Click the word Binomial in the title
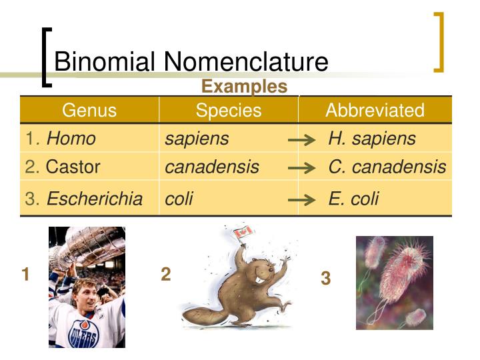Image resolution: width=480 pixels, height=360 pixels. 107,62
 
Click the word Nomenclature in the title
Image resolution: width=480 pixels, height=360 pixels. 247,62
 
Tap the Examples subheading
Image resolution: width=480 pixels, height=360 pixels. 244,87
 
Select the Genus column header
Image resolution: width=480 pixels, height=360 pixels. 89,110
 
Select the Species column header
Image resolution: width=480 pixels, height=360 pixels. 229,110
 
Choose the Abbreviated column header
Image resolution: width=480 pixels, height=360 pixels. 375,110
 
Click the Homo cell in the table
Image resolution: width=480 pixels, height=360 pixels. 71,139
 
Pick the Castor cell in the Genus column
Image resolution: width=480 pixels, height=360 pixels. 73,167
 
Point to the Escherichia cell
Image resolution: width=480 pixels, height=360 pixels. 94,199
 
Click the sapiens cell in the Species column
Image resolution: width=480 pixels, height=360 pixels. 197,139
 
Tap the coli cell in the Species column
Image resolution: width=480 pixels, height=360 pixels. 179,199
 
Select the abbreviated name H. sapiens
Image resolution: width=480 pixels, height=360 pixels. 372,139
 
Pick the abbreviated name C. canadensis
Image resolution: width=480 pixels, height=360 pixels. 387,167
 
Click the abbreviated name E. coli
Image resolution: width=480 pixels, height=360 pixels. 353,199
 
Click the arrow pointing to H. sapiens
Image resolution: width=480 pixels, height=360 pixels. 301,140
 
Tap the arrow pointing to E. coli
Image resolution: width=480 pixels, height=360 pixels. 301,200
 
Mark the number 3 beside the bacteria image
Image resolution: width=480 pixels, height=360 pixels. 325,279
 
